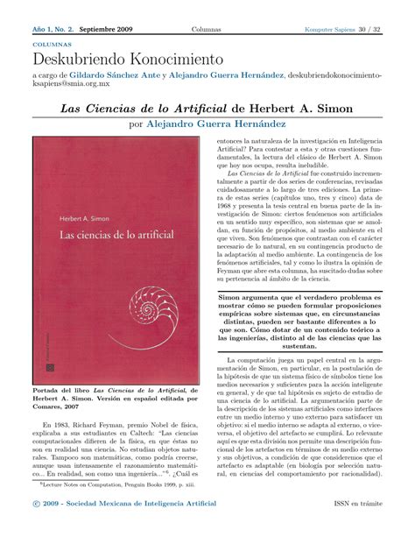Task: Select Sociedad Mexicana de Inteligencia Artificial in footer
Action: pyautogui.click(x=153, y=526)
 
